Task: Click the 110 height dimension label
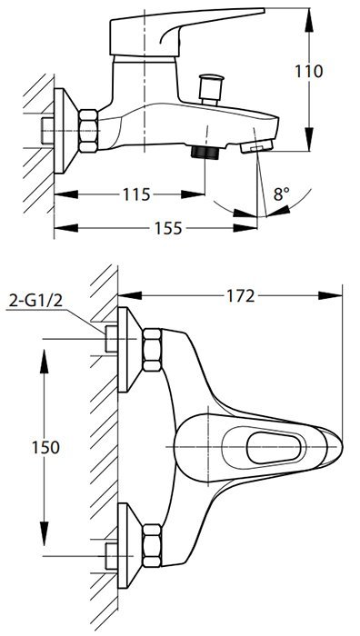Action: click(309, 72)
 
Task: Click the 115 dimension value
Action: click(136, 194)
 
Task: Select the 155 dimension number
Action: click(168, 228)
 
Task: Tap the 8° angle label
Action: click(282, 194)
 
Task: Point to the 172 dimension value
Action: click(241, 296)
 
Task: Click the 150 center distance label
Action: click(45, 447)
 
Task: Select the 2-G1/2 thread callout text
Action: click(35, 301)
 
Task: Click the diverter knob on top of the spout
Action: click(210, 89)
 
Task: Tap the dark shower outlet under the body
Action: click(205, 152)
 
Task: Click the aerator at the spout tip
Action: click(256, 146)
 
